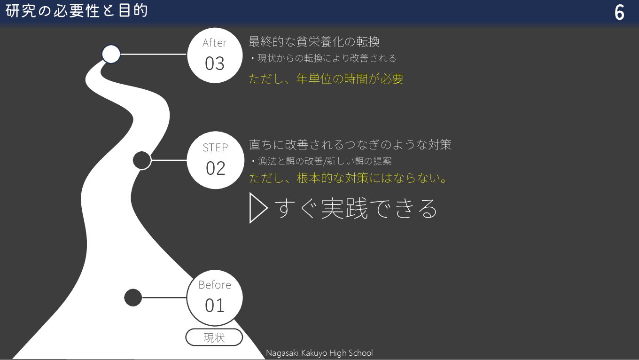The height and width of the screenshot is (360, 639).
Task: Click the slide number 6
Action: click(619, 13)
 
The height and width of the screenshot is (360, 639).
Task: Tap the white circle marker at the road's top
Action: click(111, 54)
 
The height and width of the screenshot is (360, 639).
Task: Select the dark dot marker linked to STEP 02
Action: click(142, 160)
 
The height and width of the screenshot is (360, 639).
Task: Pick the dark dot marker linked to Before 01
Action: click(133, 297)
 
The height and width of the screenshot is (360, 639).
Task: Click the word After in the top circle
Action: click(214, 43)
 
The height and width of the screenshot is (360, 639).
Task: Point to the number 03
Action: click(215, 64)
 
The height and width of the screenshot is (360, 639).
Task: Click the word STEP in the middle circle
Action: click(215, 148)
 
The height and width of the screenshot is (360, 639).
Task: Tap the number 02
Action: click(215, 168)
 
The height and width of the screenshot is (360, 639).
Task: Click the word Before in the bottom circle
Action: click(215, 285)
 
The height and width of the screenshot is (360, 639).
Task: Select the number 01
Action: click(215, 306)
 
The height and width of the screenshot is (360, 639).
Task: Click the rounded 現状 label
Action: click(214, 337)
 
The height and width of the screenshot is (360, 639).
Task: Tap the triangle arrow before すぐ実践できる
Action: click(258, 208)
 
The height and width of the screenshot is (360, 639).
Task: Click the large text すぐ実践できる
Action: click(356, 209)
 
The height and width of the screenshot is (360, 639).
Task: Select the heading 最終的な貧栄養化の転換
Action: click(314, 42)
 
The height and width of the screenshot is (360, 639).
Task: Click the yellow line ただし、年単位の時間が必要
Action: click(326, 78)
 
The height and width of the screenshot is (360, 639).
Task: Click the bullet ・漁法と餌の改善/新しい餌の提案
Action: click(321, 161)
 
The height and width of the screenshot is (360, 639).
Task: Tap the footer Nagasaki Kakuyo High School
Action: click(319, 353)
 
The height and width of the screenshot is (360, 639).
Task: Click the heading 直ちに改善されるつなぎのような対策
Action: click(350, 144)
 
